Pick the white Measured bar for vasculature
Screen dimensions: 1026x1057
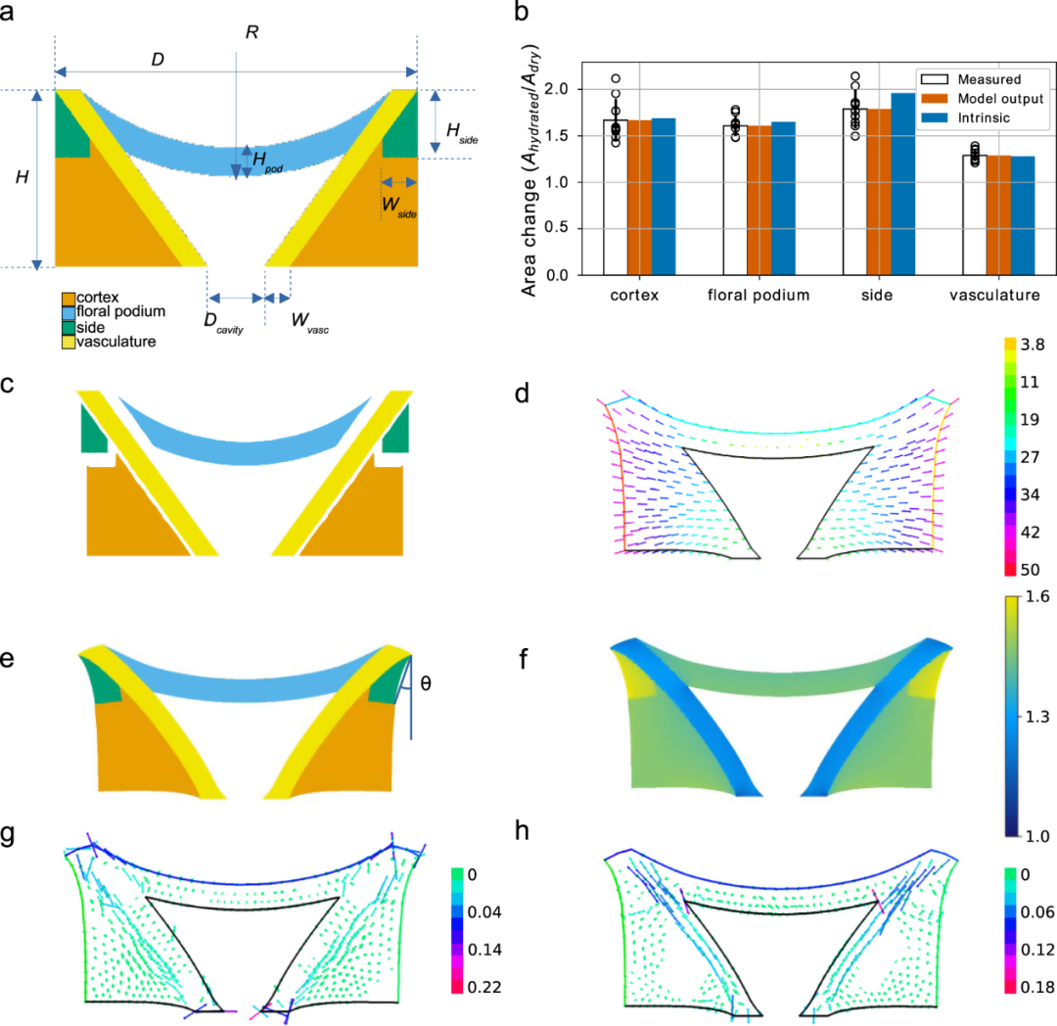[x=974, y=215]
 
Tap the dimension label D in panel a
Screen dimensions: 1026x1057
[x=156, y=59]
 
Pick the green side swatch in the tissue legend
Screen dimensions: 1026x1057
[x=68, y=327]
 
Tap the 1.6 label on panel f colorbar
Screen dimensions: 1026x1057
[x=1034, y=602]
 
